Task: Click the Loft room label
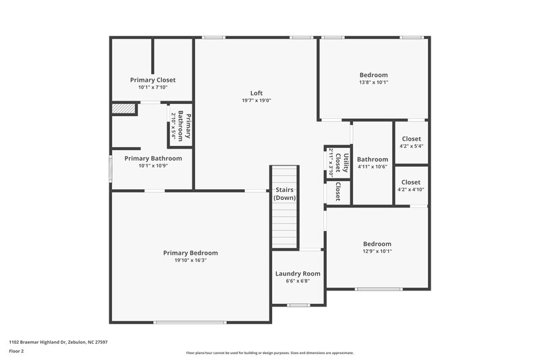pyautogui.click(x=256, y=93)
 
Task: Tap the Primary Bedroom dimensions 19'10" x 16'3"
pyautogui.click(x=190, y=260)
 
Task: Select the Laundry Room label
pyautogui.click(x=298, y=274)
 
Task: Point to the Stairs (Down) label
pyautogui.click(x=284, y=194)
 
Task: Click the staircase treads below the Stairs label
pyautogui.click(x=284, y=226)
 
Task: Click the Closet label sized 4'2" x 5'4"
pyautogui.click(x=410, y=138)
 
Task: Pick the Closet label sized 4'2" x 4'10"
pyautogui.click(x=410, y=182)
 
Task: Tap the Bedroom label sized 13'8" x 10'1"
pyautogui.click(x=373, y=75)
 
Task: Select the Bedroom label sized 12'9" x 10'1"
pyautogui.click(x=377, y=244)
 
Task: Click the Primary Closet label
pyautogui.click(x=153, y=80)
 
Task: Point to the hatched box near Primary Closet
pyautogui.click(x=124, y=109)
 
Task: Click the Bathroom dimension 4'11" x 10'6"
pyautogui.click(x=373, y=168)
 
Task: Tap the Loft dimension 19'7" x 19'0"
pyautogui.click(x=256, y=101)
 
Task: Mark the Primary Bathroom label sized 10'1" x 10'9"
pyautogui.click(x=153, y=158)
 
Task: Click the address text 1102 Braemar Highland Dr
pyautogui.click(x=57, y=342)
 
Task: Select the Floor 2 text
pyautogui.click(x=17, y=352)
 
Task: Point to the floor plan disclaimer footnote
pyautogui.click(x=270, y=353)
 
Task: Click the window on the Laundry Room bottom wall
pyautogui.click(x=298, y=305)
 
